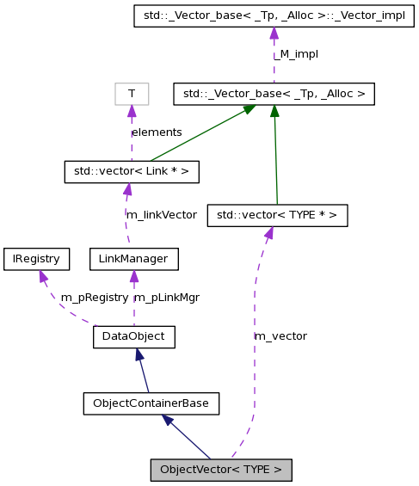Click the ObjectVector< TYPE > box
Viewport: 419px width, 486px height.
pyautogui.click(x=221, y=470)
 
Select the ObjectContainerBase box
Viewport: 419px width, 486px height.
pyautogui.click(x=151, y=403)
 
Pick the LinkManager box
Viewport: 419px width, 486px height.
pyautogui.click(x=133, y=259)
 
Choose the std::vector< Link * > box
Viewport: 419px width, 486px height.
pyautogui.click(x=132, y=171)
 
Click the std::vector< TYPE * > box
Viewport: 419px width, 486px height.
pyautogui.click(x=277, y=215)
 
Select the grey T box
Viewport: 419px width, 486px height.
pyautogui.click(x=132, y=94)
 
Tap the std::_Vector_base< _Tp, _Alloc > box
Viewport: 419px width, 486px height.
pyautogui.click(x=273, y=94)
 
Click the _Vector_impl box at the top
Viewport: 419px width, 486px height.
pyautogui.click(x=273, y=16)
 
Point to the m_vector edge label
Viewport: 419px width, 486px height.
pyautogui.click(x=280, y=336)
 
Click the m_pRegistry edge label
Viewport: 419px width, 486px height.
pyautogui.click(x=94, y=298)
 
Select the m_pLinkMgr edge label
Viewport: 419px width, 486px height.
pyautogui.click(x=167, y=298)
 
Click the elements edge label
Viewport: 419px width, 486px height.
pyautogui.click(x=157, y=132)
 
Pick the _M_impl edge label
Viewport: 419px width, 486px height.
pyautogui.click(x=296, y=54)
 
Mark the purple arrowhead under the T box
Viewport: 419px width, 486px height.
pyautogui.click(x=132, y=112)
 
